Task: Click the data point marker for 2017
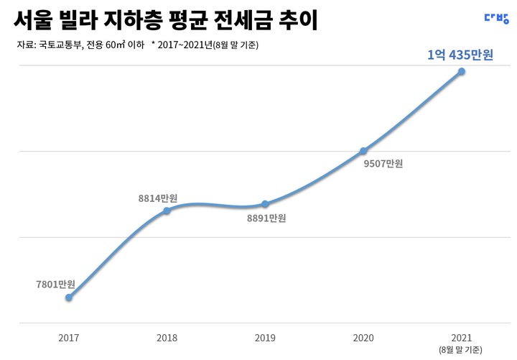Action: pos(69,297)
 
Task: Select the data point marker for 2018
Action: pos(167,211)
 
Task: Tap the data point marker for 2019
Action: pos(265,204)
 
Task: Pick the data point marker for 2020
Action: pos(363,151)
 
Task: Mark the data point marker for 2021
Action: pos(461,71)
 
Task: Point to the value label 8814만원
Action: pos(158,197)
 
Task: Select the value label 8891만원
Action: pos(266,218)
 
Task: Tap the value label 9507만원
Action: pos(383,164)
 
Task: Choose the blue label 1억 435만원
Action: pos(460,55)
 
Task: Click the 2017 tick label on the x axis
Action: pos(69,338)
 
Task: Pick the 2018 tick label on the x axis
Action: pos(167,338)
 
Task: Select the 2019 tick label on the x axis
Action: pos(265,338)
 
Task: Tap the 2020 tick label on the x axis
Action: pos(363,338)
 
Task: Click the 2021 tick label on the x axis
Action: pos(461,338)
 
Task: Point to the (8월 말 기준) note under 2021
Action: pos(461,350)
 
